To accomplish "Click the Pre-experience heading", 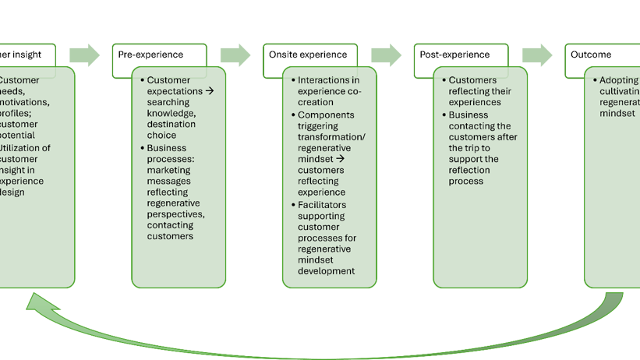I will click(x=150, y=55).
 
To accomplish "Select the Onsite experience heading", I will click(x=307, y=55).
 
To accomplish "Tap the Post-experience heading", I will click(x=454, y=55).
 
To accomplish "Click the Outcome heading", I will click(x=591, y=55).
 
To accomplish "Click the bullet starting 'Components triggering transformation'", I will click(x=326, y=147).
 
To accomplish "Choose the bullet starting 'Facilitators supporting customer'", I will click(x=326, y=237).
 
